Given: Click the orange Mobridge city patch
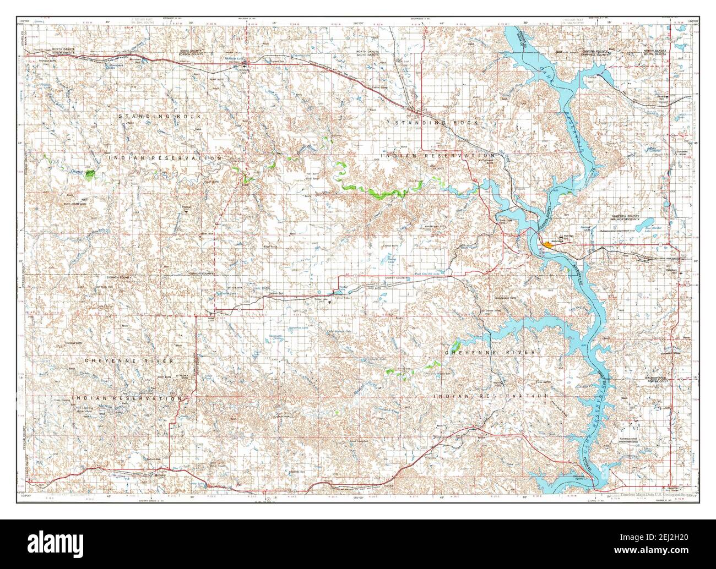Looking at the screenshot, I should [547, 244].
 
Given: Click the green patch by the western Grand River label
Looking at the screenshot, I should [90, 173].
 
